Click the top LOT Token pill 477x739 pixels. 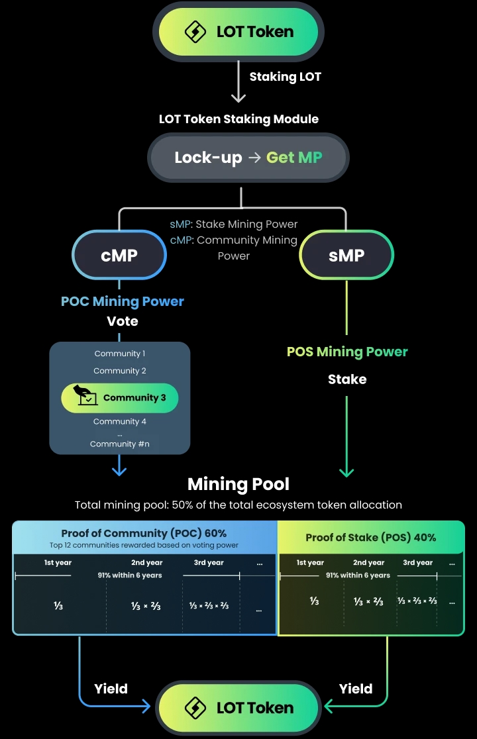(238, 32)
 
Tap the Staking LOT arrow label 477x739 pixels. (285, 77)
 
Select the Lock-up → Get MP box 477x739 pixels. (248, 158)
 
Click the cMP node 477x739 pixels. (119, 256)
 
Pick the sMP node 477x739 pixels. (346, 256)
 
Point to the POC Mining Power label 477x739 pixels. (123, 301)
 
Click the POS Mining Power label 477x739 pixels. (347, 352)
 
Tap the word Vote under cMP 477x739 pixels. (123, 321)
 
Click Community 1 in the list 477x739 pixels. (120, 354)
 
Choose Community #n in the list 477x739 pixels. (120, 444)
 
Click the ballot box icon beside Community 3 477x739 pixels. (85, 396)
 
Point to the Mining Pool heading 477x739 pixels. (238, 484)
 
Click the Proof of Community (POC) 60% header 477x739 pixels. (144, 533)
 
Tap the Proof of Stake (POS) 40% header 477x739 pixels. (370, 537)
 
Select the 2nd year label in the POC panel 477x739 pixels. (145, 563)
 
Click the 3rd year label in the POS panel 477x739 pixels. (417, 563)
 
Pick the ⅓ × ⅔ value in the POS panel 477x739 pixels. (368, 601)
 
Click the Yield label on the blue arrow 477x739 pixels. (111, 689)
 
